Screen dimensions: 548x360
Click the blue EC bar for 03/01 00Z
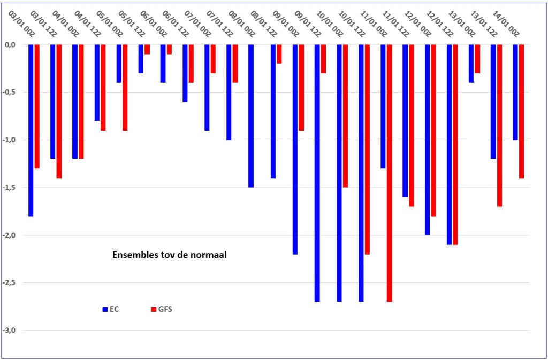31,131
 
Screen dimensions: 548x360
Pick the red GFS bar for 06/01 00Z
147,49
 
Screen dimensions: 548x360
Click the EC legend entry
111,309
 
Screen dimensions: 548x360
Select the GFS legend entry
162,309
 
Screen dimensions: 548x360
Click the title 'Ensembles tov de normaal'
170,255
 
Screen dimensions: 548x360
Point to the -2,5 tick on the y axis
14,283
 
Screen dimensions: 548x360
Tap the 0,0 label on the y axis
15,45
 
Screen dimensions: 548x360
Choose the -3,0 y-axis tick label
14,331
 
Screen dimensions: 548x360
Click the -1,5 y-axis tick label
14,188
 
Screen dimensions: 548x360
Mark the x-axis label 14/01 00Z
506,24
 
